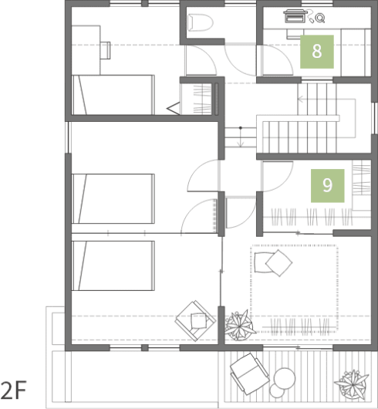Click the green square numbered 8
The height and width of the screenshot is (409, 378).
pos(317,52)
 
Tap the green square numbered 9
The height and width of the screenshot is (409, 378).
pos(327,186)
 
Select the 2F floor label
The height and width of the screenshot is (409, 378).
pos(14,390)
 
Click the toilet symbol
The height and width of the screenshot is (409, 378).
pos(201,22)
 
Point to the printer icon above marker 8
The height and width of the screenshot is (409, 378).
pos(294,16)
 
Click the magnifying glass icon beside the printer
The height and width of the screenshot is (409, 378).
pos(320,19)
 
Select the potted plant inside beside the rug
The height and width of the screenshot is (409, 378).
pos(238,325)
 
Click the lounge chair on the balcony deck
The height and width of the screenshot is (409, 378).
pos(250,374)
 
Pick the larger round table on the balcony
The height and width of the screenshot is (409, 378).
pos(285,378)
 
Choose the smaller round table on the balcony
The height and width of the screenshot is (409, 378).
pos(277,390)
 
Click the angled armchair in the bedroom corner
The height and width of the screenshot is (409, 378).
pos(195,321)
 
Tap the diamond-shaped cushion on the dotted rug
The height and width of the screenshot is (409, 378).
pos(279,263)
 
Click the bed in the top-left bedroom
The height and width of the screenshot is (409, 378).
pos(113,95)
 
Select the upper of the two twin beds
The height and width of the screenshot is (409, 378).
pos(113,198)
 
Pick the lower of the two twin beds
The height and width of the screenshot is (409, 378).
pos(113,265)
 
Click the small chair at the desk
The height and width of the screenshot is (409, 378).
pos(106,50)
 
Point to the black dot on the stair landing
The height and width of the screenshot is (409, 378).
pos(241,128)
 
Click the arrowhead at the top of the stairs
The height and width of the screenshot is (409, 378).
pos(300,99)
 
